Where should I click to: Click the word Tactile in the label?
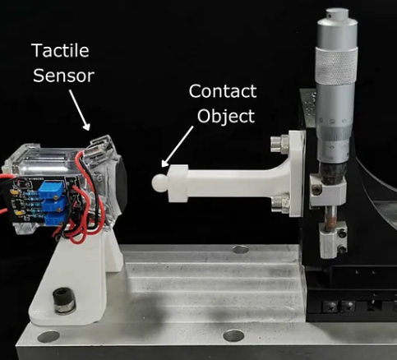pos(61,50)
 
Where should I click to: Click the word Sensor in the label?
pos(63,76)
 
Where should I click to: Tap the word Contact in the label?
pos(223,91)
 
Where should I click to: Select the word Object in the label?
pos(226,116)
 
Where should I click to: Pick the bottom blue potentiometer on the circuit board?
pos(55,219)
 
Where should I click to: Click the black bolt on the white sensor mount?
pos(64,300)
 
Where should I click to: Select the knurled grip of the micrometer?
pos(336,67)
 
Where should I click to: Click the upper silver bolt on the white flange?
pos(280,143)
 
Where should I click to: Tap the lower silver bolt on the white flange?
pos(280,203)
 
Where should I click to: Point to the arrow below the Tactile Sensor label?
pos(80,110)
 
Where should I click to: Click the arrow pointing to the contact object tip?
pos(178,146)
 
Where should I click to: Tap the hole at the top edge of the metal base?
pos(240,250)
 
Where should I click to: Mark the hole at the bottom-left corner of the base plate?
pos(48,337)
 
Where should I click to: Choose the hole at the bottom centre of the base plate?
pos(233,335)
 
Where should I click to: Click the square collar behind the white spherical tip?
pos(178,183)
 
